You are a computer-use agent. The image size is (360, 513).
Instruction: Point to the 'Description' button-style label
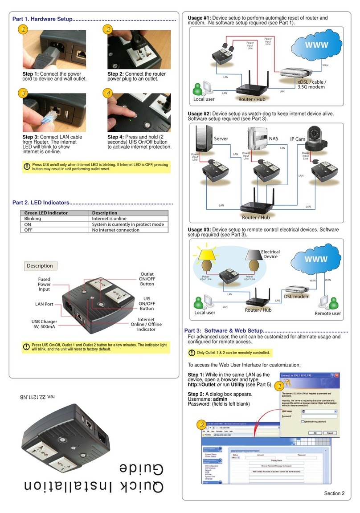(40, 266)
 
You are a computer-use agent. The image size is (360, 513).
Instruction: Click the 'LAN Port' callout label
(44, 304)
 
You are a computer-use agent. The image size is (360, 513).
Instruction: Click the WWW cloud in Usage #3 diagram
(316, 259)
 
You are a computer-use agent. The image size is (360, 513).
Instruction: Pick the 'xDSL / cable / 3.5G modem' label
(311, 85)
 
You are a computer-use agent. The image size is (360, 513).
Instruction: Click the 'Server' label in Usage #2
(221, 138)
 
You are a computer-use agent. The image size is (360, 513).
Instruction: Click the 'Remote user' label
(327, 313)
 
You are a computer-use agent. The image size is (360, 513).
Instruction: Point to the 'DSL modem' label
(297, 297)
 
